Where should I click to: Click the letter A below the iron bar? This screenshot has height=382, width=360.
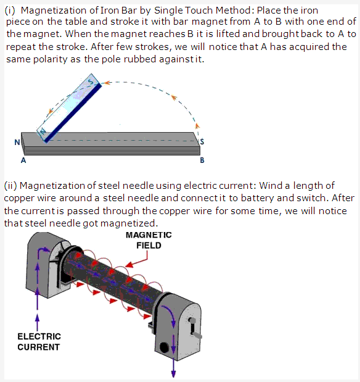point(23,160)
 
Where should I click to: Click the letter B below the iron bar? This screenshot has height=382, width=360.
point(202,160)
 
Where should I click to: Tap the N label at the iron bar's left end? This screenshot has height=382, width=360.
point(17,142)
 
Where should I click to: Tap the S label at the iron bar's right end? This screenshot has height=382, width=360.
point(202,141)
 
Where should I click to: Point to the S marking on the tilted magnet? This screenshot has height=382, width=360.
point(91,81)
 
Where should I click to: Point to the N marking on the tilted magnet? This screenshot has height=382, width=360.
point(43,131)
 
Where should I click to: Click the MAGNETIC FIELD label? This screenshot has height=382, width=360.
point(149,240)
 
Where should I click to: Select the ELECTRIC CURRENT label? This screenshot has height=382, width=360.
point(39,341)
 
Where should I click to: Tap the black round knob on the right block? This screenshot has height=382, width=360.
point(164,347)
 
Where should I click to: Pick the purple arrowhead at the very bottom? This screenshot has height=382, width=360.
point(173,374)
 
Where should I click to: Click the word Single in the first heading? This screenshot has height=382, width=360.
point(168,10)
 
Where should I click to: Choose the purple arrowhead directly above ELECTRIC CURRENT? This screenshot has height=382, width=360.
point(37,317)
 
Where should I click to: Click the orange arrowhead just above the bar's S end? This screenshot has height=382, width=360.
point(197,125)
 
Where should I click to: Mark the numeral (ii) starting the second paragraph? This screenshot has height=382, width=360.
point(10,186)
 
